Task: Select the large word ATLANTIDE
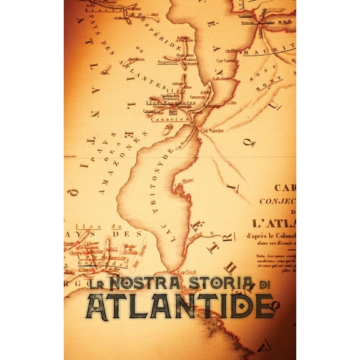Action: tap(180, 305)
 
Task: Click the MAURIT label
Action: tap(269, 52)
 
